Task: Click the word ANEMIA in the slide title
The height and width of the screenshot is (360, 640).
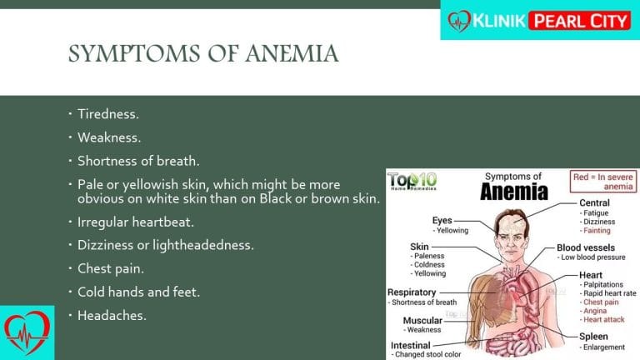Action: point(292,54)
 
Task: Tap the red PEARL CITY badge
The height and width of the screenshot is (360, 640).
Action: point(580,21)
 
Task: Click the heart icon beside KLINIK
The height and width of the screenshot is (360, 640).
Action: point(459,21)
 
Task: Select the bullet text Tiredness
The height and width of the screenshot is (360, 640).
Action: point(108,114)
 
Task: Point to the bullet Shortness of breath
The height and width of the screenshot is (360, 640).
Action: point(138,161)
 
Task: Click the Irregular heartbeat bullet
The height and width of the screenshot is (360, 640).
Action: point(136,222)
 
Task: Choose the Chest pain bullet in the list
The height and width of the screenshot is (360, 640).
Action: point(111,269)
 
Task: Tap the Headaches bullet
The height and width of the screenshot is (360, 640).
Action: point(112,316)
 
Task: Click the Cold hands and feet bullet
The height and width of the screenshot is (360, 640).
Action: point(139,292)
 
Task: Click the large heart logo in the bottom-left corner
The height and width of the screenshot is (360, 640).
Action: point(27,332)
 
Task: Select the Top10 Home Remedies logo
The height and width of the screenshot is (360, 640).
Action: point(412,181)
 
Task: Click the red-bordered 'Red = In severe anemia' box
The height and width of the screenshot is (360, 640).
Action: point(602,182)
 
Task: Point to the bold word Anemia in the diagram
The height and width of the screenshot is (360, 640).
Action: point(514,192)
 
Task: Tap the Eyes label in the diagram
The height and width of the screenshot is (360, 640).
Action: point(442,220)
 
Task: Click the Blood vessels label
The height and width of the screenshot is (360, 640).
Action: point(586,247)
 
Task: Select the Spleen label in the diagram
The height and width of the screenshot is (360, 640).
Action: point(593,337)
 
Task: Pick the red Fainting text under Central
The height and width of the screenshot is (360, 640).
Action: point(597,231)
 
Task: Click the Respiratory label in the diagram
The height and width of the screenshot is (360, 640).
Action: point(412,292)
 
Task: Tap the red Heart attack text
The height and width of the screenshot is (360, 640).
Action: point(603,320)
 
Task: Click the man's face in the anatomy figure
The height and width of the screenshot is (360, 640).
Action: point(511,237)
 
